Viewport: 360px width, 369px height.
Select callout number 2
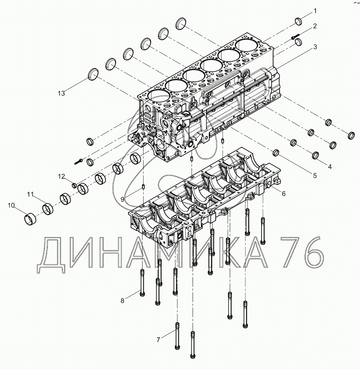click(x=315, y=26)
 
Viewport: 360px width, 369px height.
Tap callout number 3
click(x=315, y=47)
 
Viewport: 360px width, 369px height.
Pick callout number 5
click(x=315, y=176)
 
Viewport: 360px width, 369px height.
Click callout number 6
click(x=284, y=194)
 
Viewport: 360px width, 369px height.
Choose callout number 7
click(x=158, y=339)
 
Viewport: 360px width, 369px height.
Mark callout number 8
click(x=123, y=301)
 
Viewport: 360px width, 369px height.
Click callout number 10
click(x=11, y=205)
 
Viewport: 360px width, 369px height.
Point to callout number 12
click(x=62, y=176)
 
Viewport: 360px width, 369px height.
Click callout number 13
click(x=61, y=93)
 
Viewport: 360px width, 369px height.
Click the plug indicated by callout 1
click(x=300, y=21)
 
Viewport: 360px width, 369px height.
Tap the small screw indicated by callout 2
click(x=294, y=37)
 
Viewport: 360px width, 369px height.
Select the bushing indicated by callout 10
click(x=31, y=218)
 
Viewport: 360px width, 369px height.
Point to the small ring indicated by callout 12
click(x=74, y=185)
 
